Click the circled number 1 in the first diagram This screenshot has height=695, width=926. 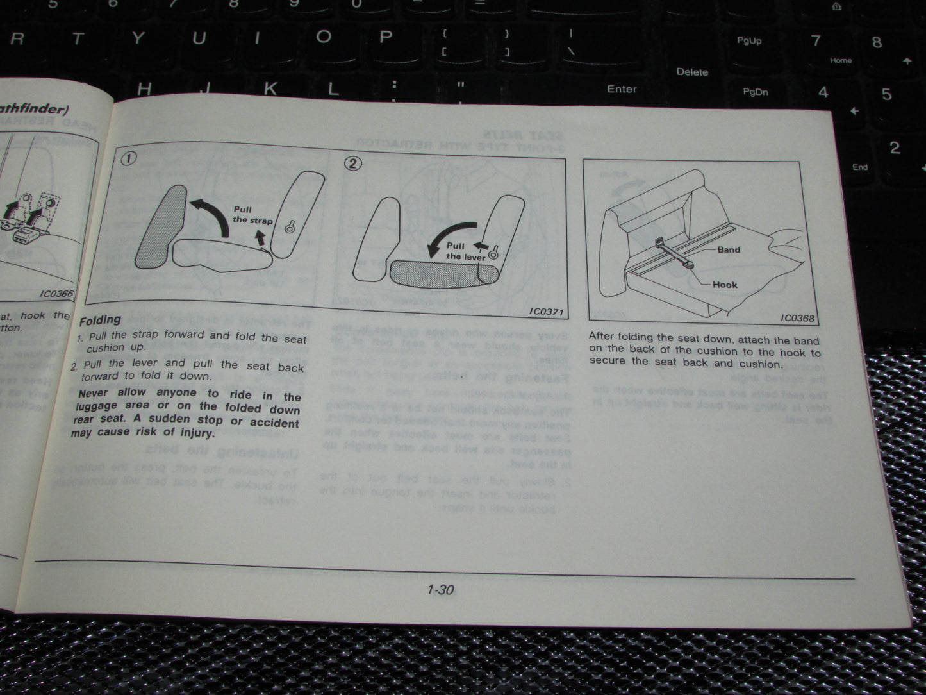[129, 158]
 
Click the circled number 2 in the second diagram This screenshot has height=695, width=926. [352, 163]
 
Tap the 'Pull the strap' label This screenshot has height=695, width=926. [251, 215]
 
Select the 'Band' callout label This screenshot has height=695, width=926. [728, 250]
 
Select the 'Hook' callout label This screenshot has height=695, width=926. [724, 285]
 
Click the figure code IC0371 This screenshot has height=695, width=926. [546, 312]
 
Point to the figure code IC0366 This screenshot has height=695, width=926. [56, 294]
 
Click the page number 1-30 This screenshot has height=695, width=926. [440, 590]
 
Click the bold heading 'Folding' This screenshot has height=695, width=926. [100, 320]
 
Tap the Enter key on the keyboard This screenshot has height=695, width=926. [622, 89]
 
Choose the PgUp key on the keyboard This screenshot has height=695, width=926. [748, 41]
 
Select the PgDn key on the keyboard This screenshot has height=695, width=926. [755, 92]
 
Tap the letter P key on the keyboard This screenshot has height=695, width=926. [385, 37]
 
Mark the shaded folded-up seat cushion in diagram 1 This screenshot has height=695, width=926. [161, 228]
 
